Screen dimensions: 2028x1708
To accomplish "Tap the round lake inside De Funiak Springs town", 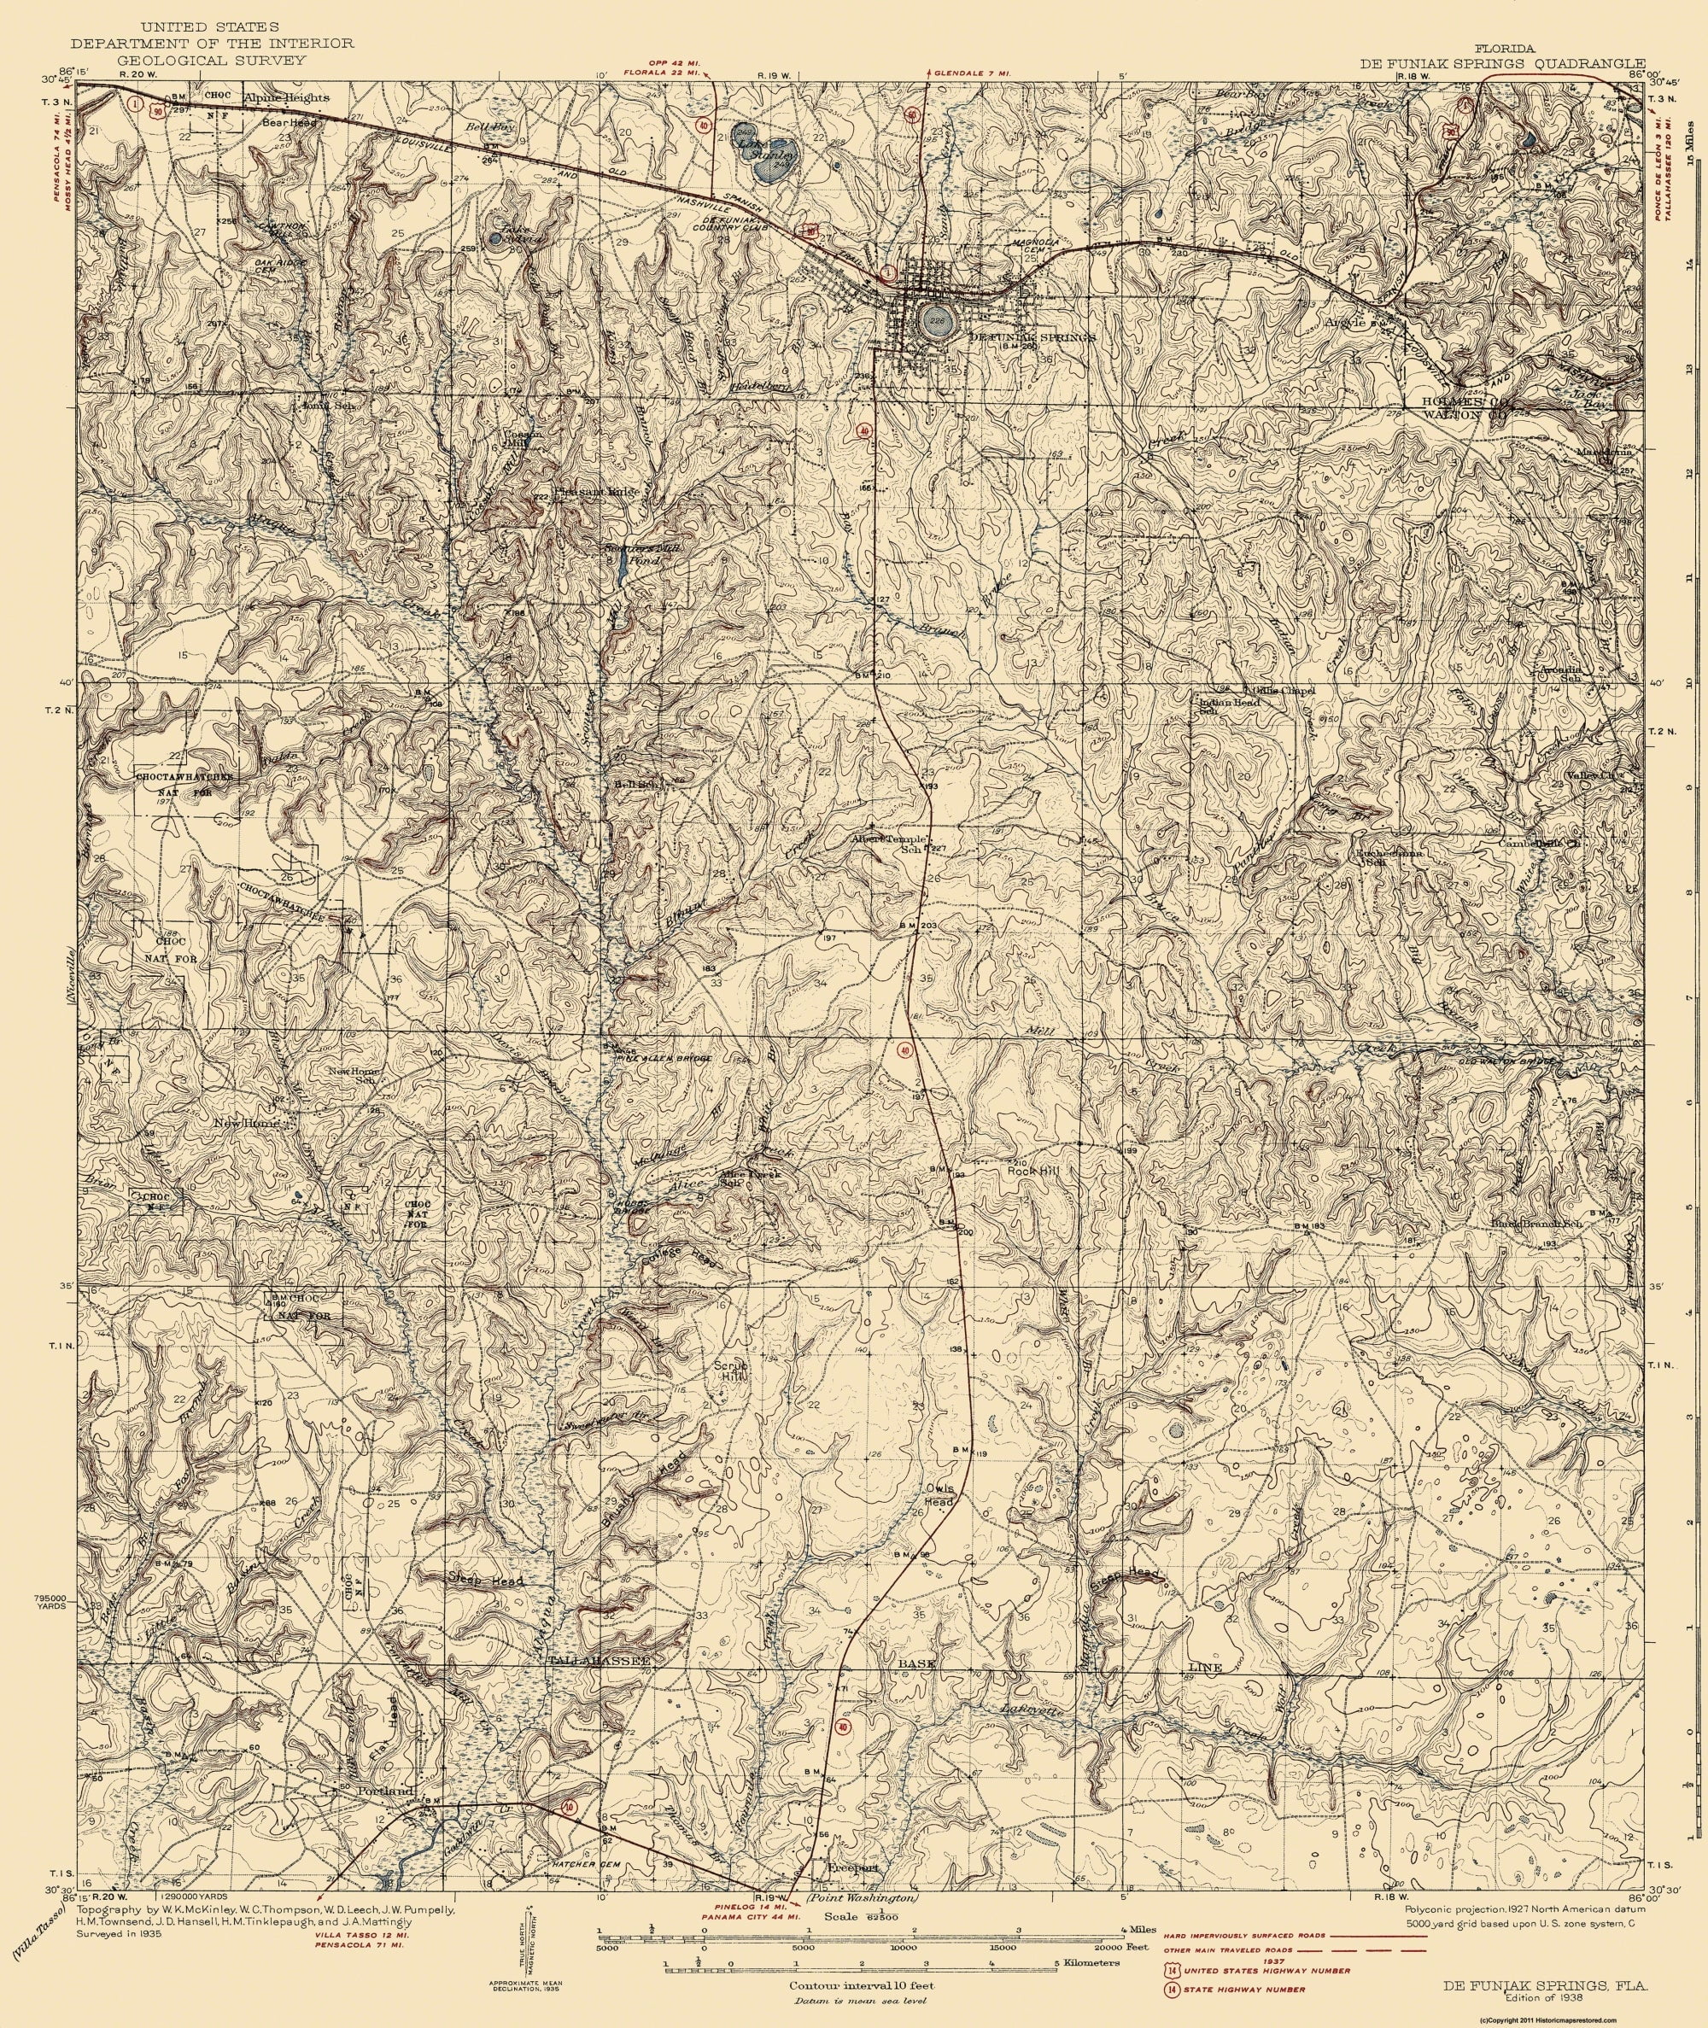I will [934, 323].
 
